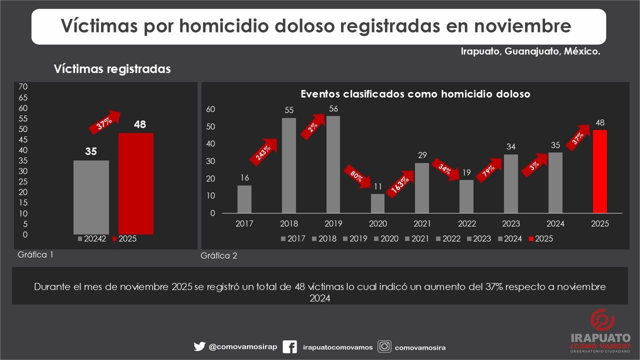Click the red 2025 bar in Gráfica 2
point(600,171)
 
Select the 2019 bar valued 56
point(333,164)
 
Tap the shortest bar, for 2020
point(377,203)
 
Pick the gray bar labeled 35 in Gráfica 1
point(91,197)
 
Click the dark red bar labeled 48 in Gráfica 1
point(136,183)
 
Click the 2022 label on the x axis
point(466,224)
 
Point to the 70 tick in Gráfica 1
point(22,87)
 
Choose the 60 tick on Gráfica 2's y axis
point(211,109)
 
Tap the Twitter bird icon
point(199,347)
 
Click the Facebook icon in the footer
point(289,347)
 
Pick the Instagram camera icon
point(384,347)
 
